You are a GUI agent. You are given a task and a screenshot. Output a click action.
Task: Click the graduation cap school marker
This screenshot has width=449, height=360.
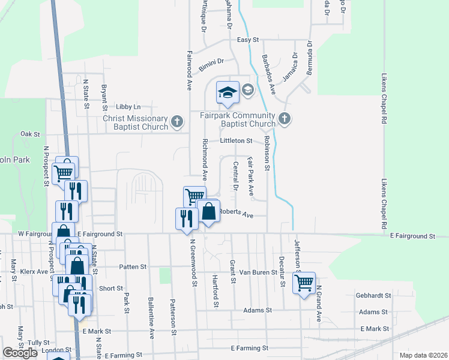pos(228,92)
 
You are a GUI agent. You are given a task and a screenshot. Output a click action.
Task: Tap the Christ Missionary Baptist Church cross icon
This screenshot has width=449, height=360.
pos(176,122)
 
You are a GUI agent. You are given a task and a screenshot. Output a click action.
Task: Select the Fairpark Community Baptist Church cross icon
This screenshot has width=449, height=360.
pos(285,119)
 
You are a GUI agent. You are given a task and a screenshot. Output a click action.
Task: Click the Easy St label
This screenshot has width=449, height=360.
pos(247,40)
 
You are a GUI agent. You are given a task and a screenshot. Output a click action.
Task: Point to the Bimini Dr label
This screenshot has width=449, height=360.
pos(212,61)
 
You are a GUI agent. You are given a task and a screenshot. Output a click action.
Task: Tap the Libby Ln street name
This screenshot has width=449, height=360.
pos(128,106)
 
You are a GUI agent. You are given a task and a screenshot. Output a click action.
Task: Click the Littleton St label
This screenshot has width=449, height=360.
pos(237,140)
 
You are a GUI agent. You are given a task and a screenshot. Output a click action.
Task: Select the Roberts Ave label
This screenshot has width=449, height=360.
pos(236,213)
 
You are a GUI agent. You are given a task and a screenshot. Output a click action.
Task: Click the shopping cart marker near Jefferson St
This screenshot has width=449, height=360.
pos(304,281)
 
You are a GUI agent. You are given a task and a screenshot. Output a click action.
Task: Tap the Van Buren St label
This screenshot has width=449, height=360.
pos(256,272)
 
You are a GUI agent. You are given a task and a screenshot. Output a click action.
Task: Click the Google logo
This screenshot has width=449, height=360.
pos(20,353)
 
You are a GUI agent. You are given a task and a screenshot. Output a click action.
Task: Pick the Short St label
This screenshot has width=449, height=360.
pos(111,289)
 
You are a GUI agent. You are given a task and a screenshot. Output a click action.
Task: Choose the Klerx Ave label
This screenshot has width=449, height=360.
pos(34,271)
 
